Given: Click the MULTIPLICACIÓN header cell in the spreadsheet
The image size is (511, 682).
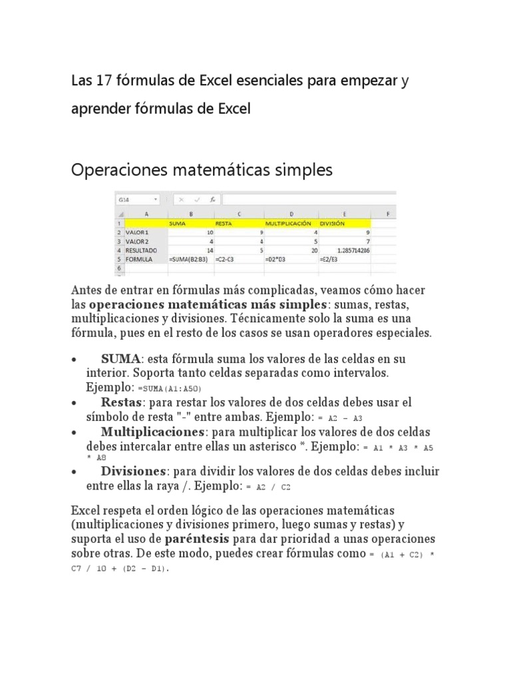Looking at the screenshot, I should (287, 224).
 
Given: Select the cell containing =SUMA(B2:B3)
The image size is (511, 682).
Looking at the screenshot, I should (190, 258).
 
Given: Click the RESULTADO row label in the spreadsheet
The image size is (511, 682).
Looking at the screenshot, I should (141, 250).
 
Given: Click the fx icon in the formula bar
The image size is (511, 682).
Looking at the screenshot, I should (212, 199).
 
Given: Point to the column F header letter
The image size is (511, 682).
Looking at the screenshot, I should (387, 214).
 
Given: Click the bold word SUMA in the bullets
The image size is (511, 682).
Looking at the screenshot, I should (120, 359).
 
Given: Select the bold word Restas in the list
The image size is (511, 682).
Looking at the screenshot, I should (122, 403).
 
